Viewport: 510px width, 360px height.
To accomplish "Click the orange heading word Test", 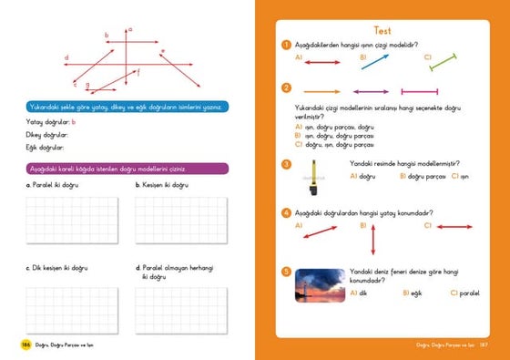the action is pyautogui.click(x=382, y=29).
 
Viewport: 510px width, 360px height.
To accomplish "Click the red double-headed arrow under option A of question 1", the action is pyautogui.click(x=322, y=63).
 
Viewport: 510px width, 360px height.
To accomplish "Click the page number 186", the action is pyautogui.click(x=26, y=344).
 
